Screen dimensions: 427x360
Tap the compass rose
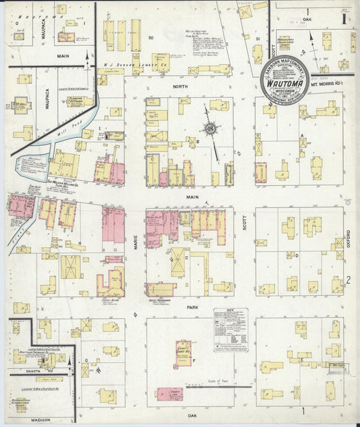pyautogui.click(x=211, y=129)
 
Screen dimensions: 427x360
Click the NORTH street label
pyautogui.click(x=178, y=87)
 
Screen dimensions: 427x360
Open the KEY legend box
pyautogui.click(x=230, y=330)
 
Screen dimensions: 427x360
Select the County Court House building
pyautogui.click(x=182, y=352)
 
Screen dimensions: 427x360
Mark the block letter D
pyautogui.click(x=297, y=255)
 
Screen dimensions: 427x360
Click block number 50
pyautogui.click(x=151, y=37)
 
